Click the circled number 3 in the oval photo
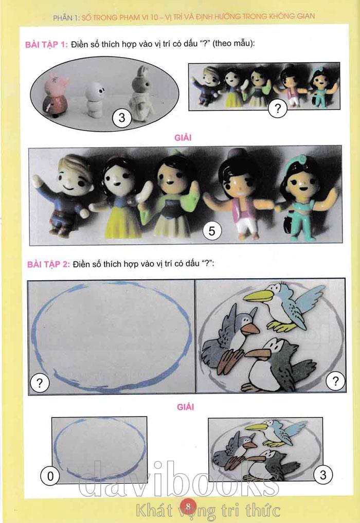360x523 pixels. (x=122, y=118)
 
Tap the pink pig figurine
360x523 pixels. (x=55, y=95)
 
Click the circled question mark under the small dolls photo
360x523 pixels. (x=277, y=108)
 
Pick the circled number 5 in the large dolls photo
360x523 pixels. (x=211, y=230)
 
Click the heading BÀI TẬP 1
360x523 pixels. (x=46, y=44)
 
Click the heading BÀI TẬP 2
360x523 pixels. (x=48, y=264)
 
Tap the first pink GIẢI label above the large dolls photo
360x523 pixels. (x=183, y=137)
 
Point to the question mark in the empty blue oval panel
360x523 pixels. (x=40, y=383)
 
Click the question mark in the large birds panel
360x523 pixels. (x=335, y=381)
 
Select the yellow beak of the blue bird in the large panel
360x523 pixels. (x=259, y=296)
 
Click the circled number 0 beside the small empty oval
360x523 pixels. (x=50, y=476)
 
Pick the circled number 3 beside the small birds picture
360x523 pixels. (x=323, y=475)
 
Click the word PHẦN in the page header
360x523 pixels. (x=62, y=17)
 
